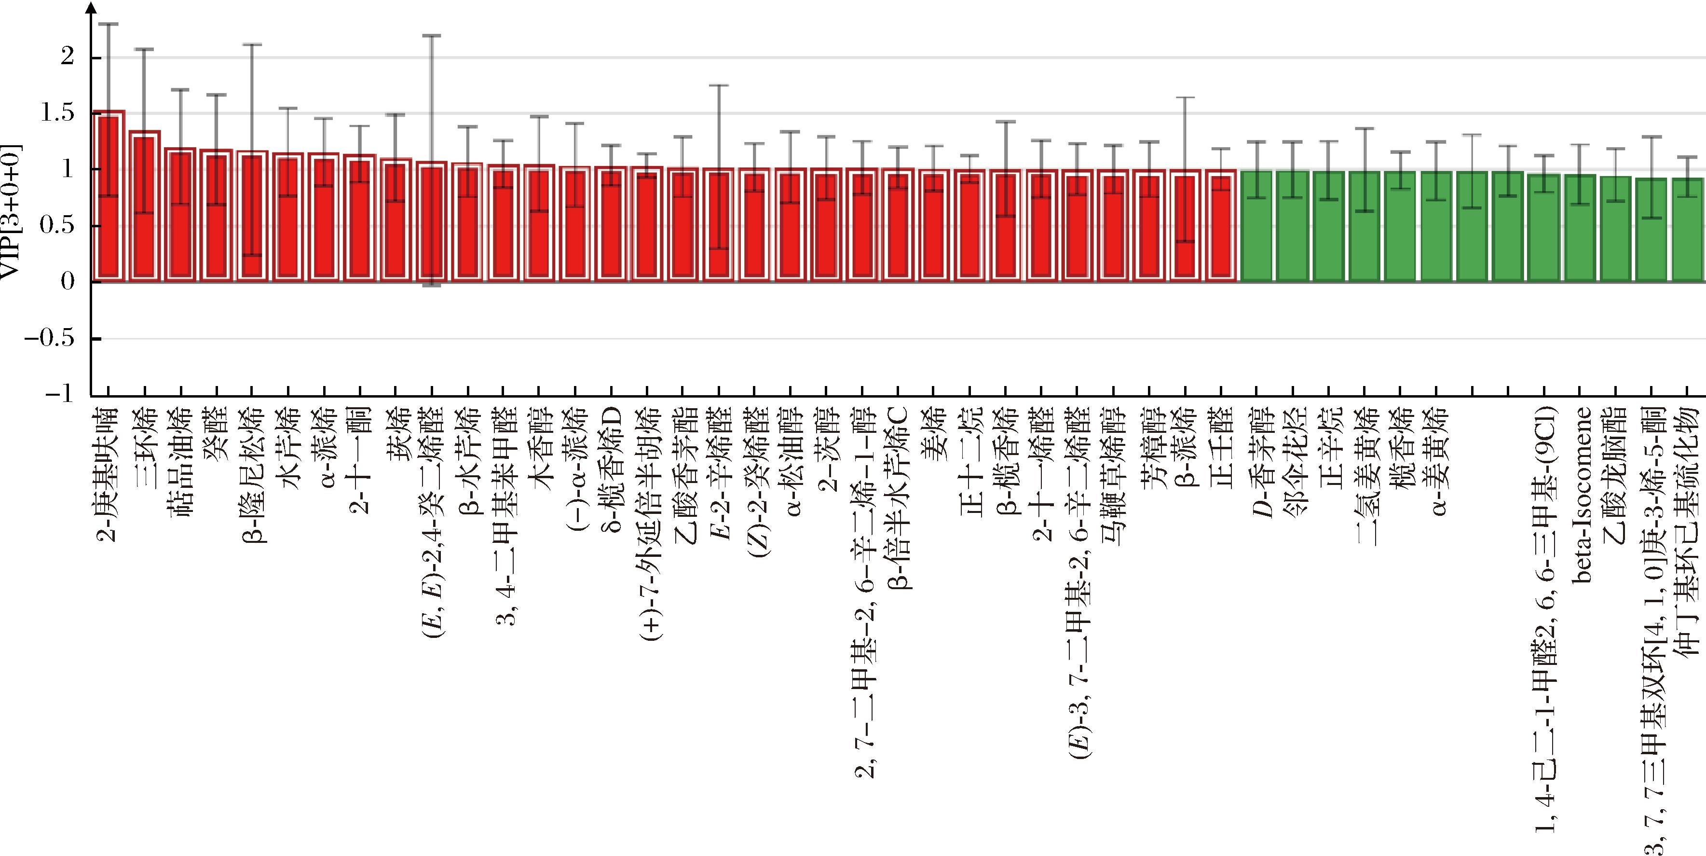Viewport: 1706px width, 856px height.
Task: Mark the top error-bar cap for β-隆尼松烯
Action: (x=252, y=44)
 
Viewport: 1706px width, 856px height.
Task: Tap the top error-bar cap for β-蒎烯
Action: (x=1185, y=97)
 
